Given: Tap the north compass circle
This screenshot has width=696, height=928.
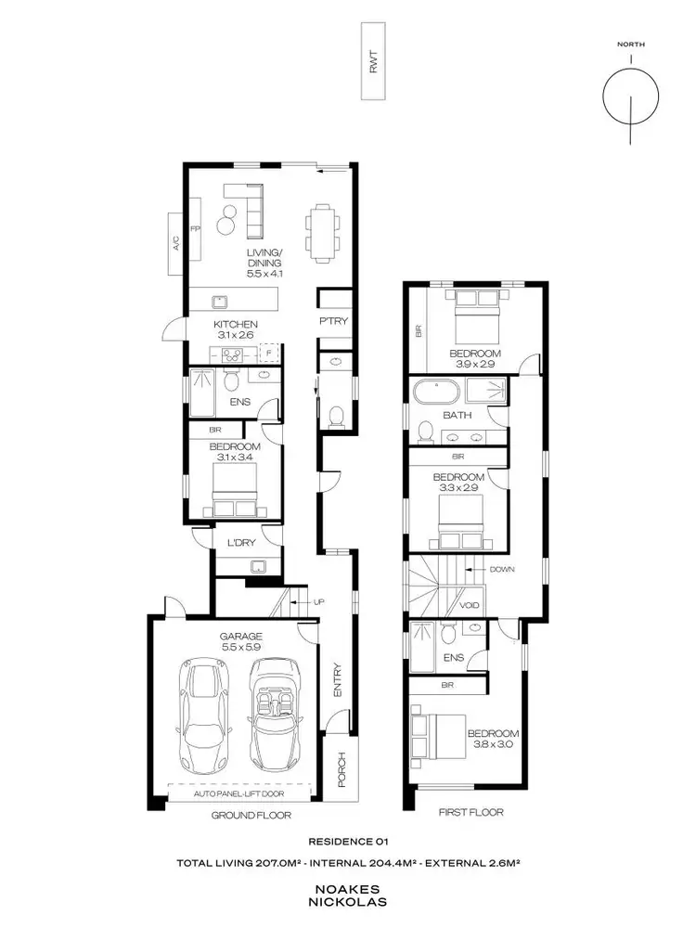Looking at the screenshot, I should click(x=630, y=96).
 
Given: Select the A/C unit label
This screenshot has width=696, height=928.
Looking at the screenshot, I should click(x=174, y=243).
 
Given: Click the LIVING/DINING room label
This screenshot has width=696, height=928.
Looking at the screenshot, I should click(x=264, y=264).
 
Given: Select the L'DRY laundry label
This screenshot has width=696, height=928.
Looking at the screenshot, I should click(x=240, y=543).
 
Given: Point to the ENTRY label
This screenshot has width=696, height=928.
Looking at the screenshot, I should click(x=338, y=679).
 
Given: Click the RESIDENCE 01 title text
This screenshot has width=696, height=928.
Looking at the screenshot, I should click(x=347, y=842).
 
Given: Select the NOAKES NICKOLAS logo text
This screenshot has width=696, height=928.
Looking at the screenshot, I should click(x=348, y=895).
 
